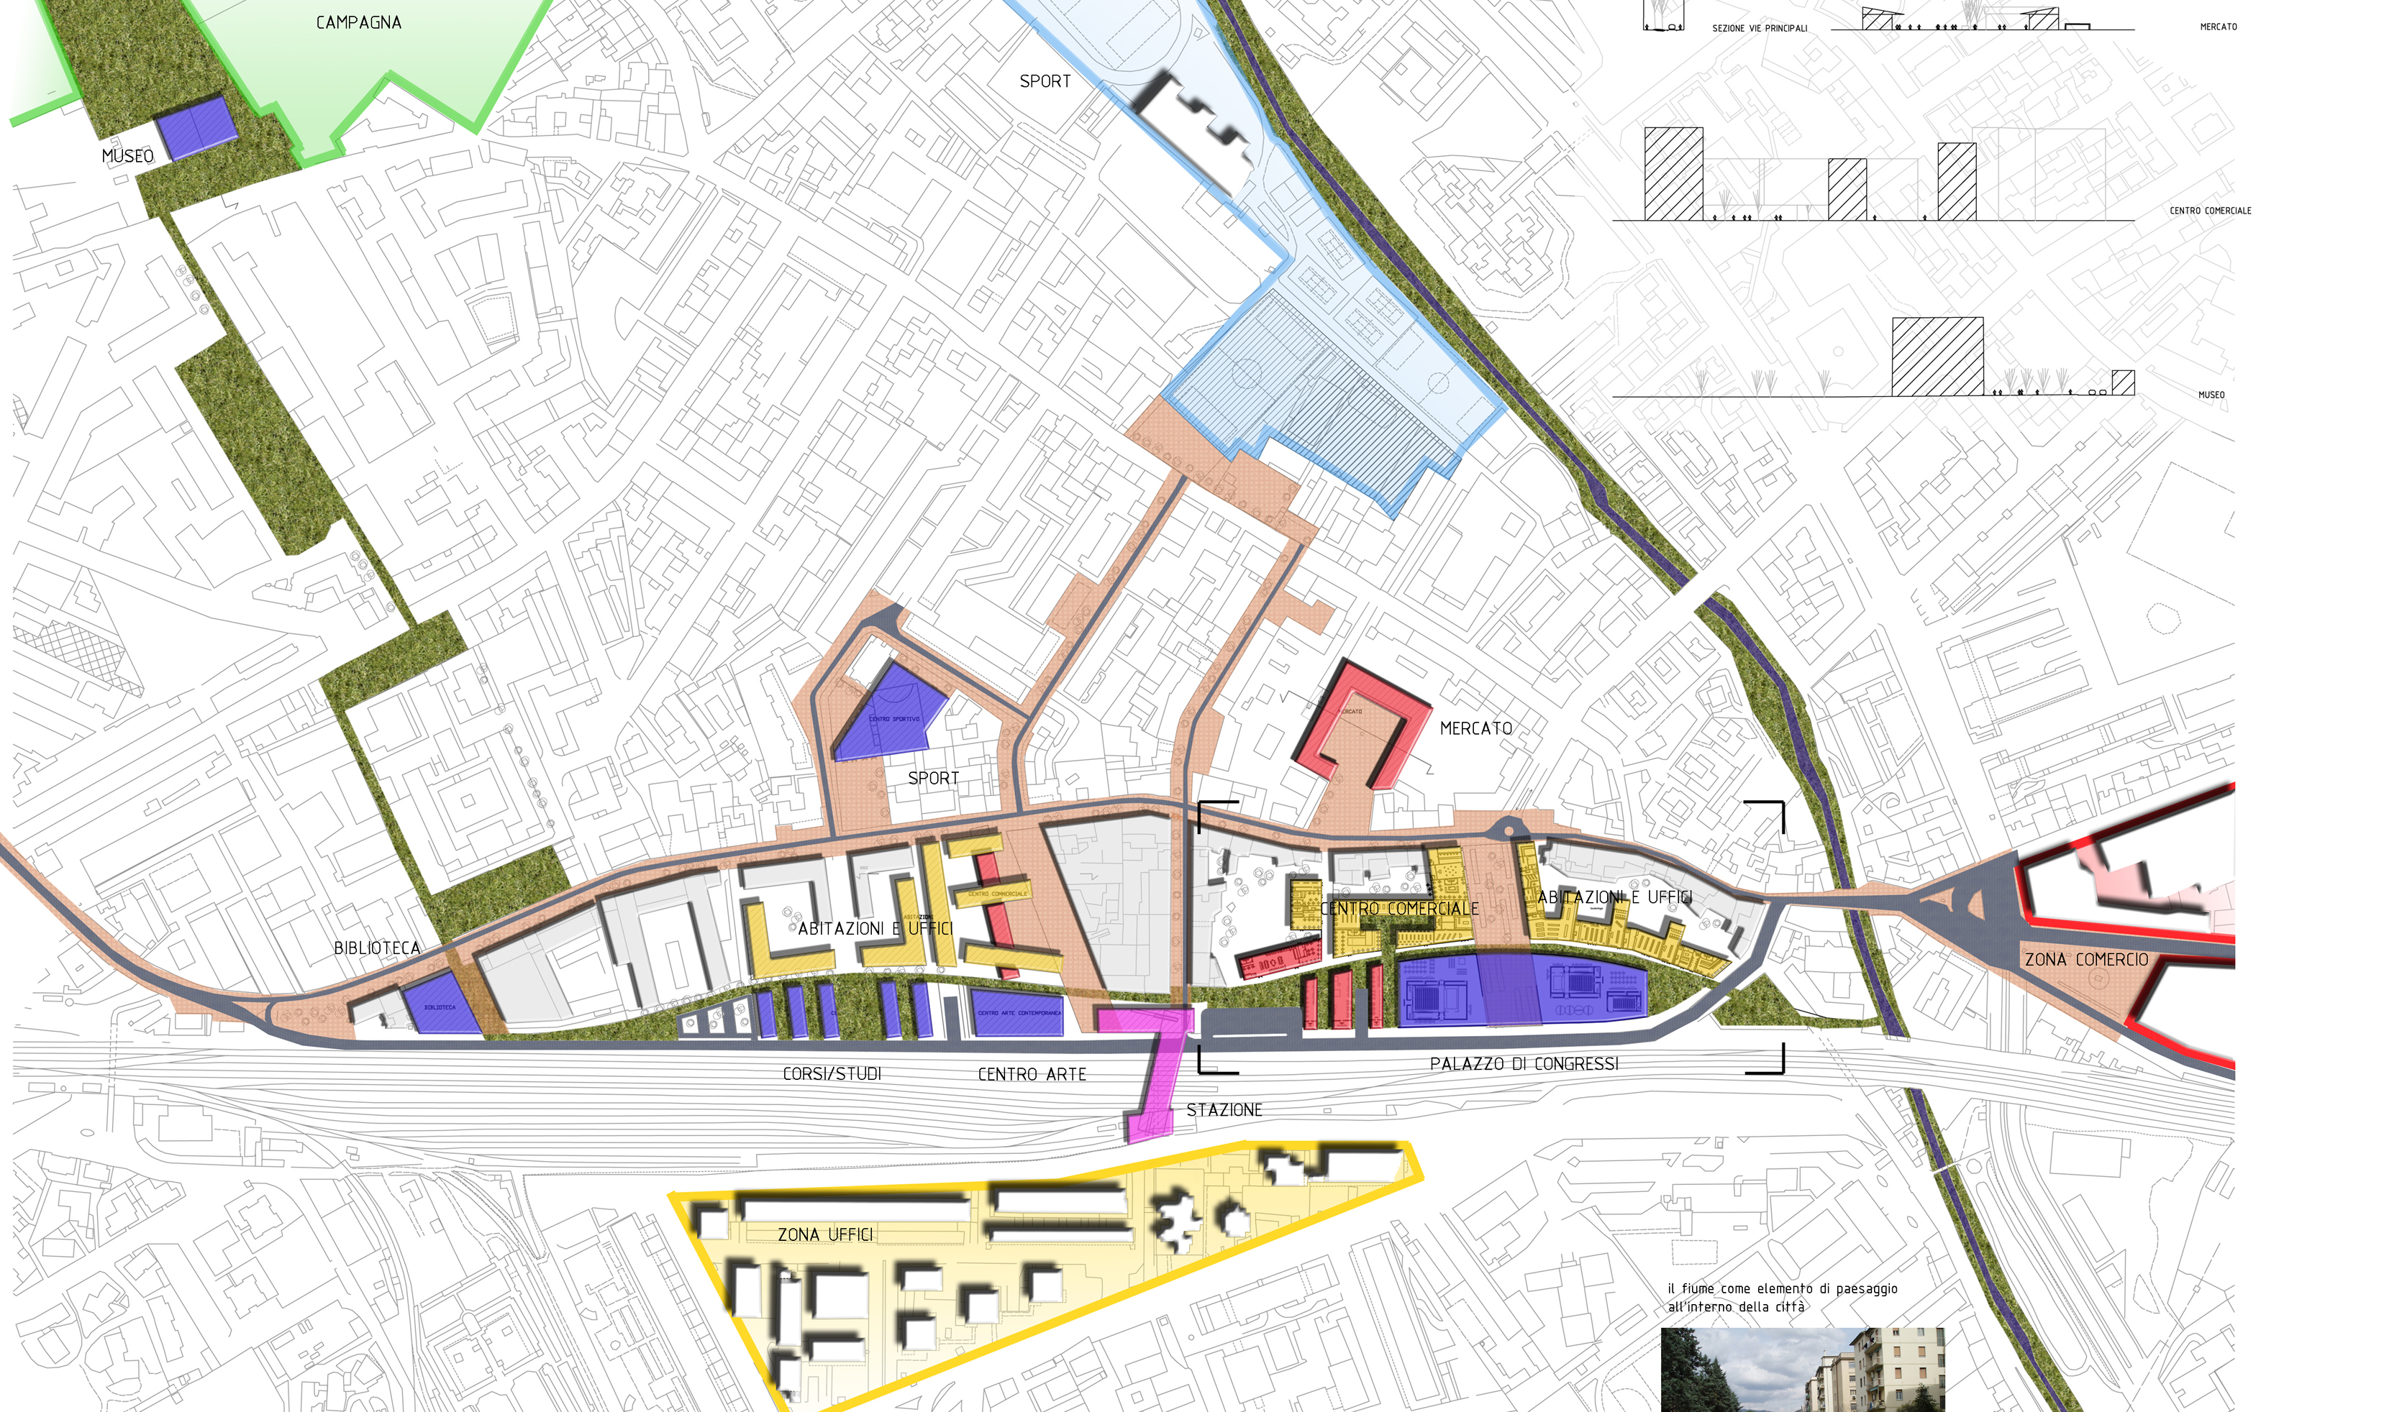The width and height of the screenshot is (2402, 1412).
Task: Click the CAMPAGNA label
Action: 358,22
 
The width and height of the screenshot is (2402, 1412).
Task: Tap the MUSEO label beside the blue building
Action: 128,156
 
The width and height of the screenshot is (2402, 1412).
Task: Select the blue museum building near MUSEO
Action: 197,128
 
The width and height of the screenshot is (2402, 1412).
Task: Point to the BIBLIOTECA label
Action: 376,948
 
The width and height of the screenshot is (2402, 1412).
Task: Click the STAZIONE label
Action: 1224,1110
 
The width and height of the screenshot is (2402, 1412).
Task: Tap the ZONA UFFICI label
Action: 824,1235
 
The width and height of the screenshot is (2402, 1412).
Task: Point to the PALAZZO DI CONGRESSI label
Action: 1523,1064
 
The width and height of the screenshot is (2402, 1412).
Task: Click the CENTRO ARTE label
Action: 1032,1075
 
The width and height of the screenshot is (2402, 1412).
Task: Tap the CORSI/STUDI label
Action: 831,1074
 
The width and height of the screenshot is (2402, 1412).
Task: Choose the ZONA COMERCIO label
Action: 2085,960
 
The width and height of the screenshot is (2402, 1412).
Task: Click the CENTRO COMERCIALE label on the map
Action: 1399,909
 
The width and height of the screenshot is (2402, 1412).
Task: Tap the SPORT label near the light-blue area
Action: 1045,82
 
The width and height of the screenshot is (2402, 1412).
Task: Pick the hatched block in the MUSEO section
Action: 1937,357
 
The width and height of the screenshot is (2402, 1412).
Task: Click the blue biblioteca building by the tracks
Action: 440,1005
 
